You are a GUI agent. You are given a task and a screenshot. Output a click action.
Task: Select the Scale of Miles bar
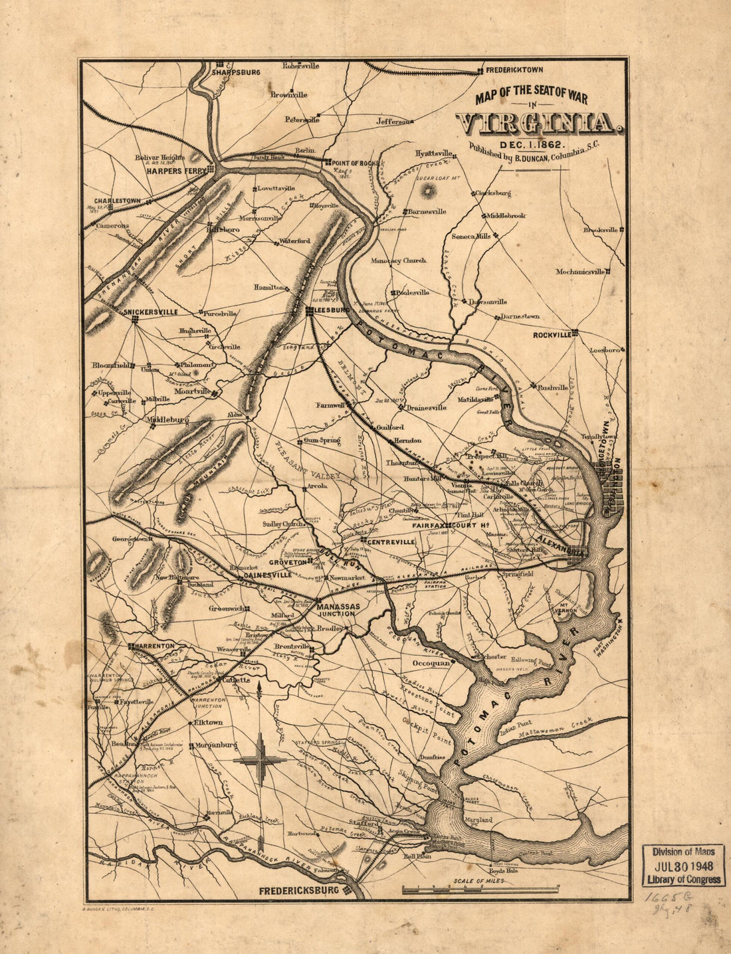480,889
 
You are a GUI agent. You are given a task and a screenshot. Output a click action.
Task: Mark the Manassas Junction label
338,610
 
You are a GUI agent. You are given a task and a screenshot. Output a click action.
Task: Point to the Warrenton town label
156,646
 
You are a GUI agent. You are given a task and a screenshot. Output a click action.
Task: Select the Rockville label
552,335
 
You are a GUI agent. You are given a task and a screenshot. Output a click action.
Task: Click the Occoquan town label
431,662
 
